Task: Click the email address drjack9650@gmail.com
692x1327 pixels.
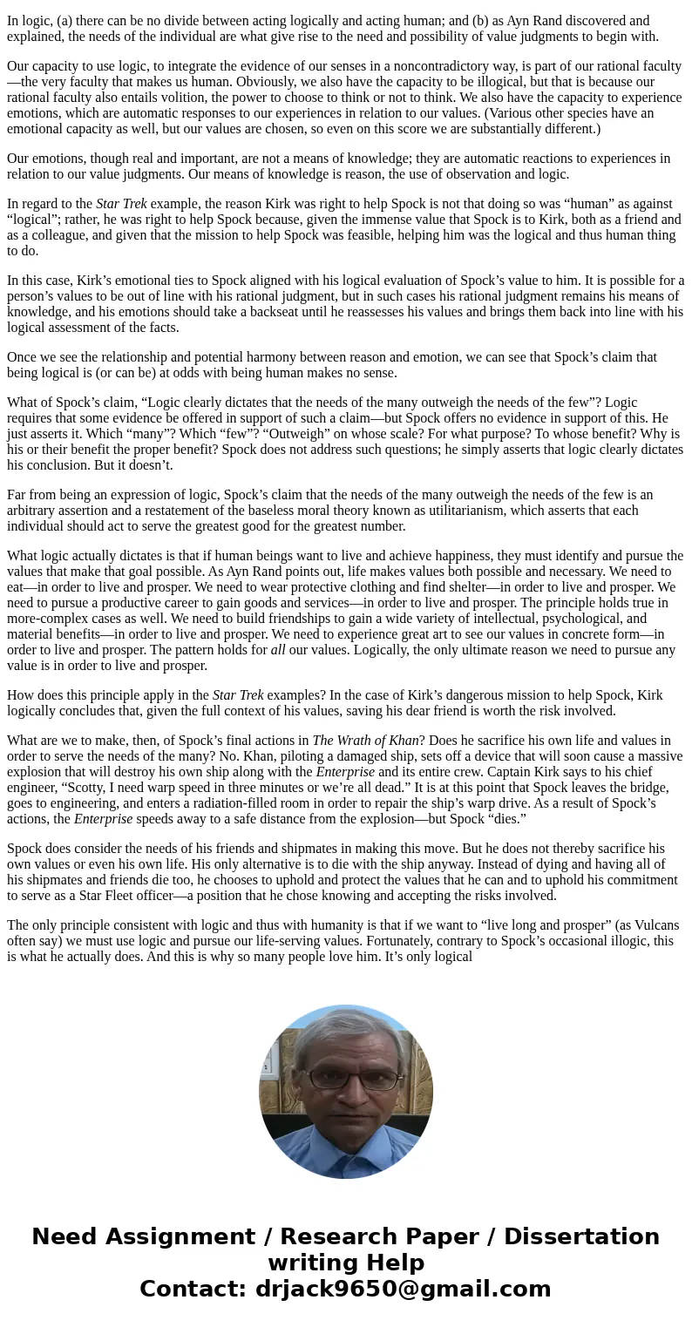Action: point(403,1290)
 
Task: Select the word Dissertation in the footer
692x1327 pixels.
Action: point(581,1237)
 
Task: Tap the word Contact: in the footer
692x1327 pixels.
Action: point(193,1290)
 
